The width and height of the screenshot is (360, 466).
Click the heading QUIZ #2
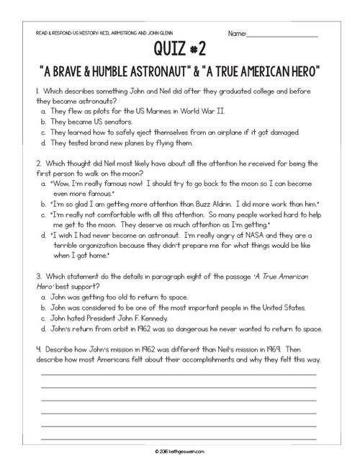[x=180, y=50]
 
